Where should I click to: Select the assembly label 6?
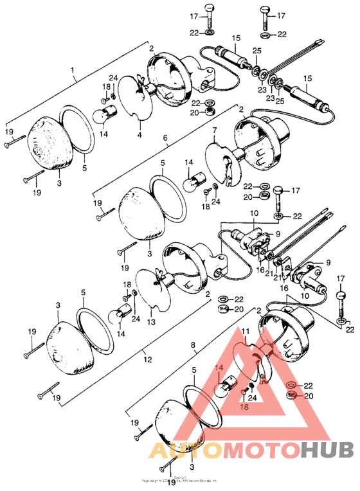coord(165,138)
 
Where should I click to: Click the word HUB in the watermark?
coord(324,451)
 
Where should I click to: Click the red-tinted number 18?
coord(244,407)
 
